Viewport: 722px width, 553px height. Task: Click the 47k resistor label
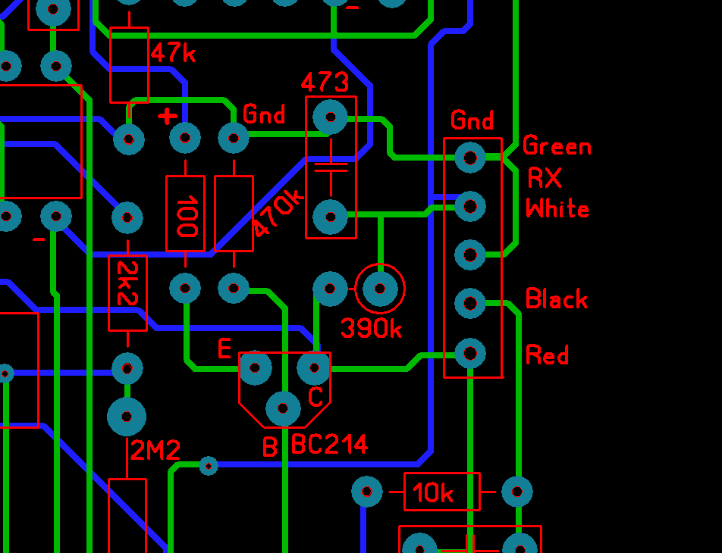coord(173,53)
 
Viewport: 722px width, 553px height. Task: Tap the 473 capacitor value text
coord(325,82)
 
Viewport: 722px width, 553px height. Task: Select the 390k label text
coord(371,328)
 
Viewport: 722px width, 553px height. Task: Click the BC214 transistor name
coord(330,444)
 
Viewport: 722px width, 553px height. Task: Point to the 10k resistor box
coord(441,492)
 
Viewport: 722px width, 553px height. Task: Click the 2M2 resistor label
coord(155,451)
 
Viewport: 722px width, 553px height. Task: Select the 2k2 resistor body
coord(127,294)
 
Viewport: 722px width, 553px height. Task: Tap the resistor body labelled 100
coord(186,214)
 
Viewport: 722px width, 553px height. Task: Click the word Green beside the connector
coord(557,146)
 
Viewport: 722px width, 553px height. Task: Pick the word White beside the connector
coord(557,209)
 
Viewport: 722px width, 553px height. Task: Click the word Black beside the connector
coord(556,299)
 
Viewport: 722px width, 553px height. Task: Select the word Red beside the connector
coord(547,355)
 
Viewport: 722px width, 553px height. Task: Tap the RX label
coord(545,179)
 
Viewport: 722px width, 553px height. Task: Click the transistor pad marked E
coord(255,368)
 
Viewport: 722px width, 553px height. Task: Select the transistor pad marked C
coord(313,368)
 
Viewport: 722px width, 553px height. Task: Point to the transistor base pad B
coord(284,409)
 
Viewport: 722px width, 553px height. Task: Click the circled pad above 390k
coord(380,288)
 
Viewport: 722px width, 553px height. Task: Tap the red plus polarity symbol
coord(168,117)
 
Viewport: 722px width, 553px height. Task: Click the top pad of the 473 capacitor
coord(330,117)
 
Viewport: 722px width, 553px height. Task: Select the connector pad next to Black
coord(470,303)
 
